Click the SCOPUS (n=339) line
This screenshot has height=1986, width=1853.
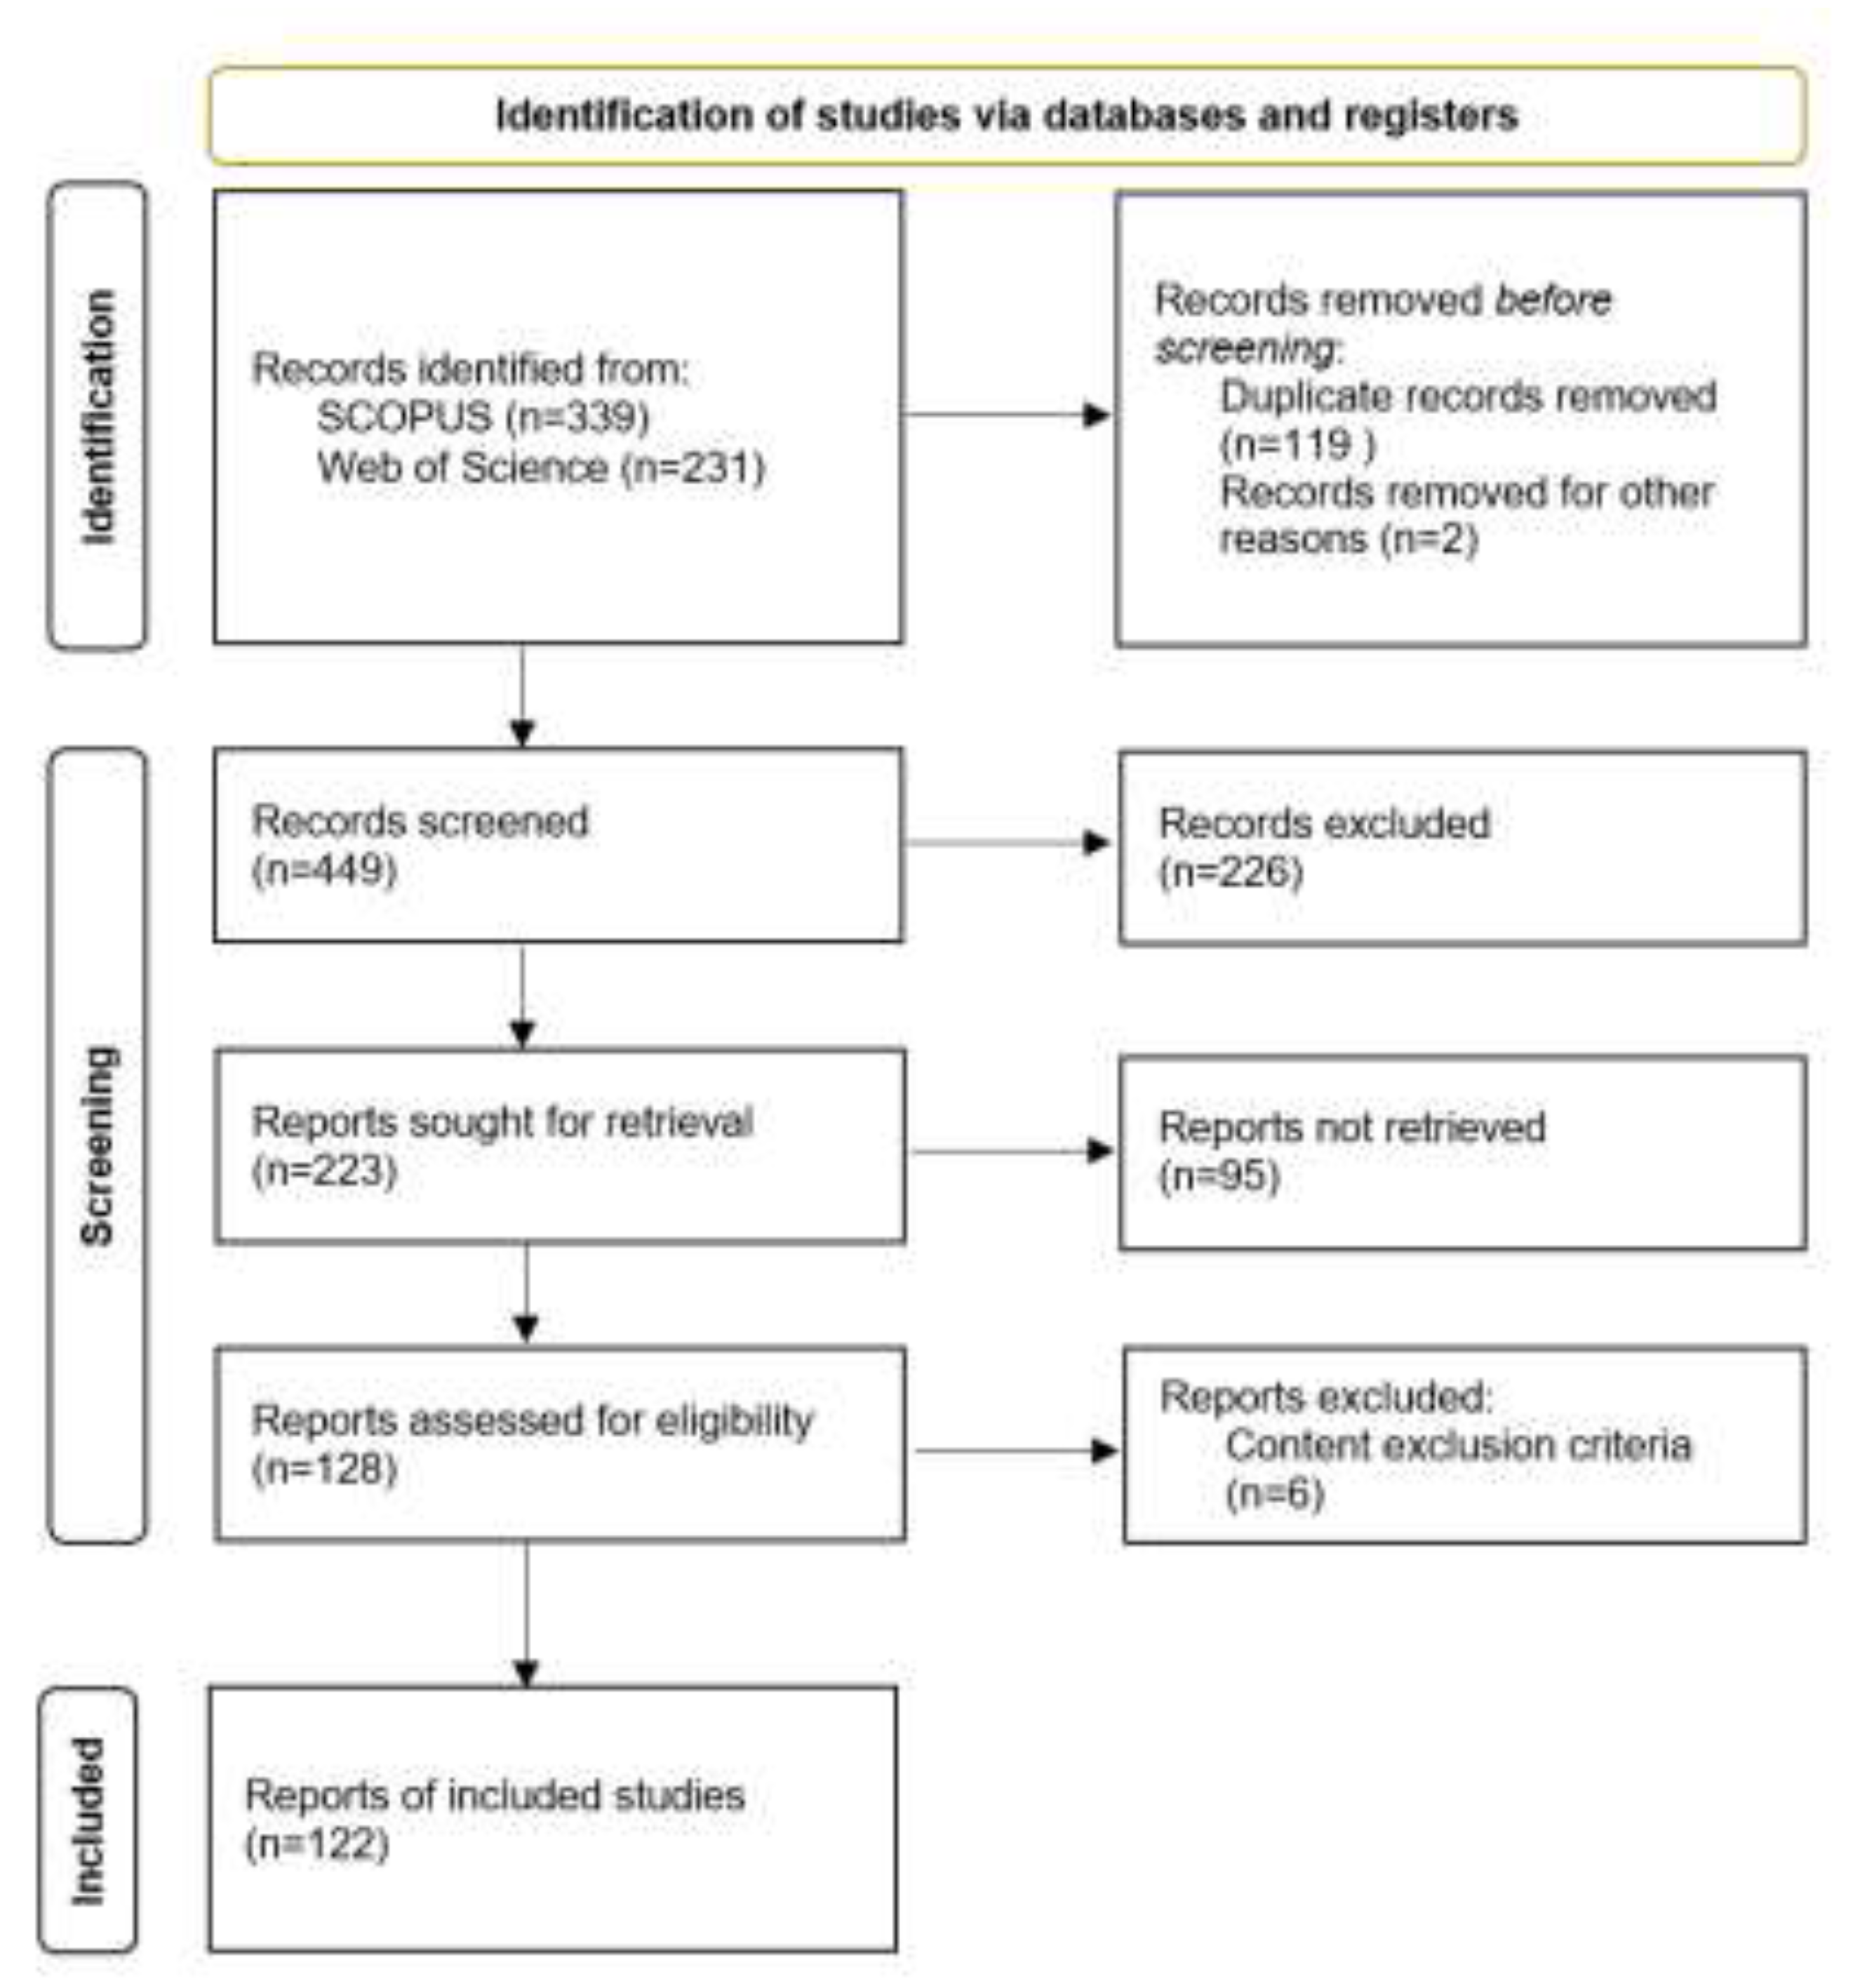pos(483,417)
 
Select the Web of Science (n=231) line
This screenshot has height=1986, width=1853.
pos(540,467)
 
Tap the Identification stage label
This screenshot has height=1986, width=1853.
pos(98,417)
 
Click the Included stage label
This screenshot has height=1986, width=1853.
pos(88,1820)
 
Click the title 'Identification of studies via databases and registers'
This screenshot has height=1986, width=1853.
pos(1006,116)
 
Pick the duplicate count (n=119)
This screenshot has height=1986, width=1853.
pos(1297,444)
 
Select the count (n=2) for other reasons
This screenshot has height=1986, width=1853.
pos(1429,540)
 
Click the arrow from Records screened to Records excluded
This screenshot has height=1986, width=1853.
pos(1006,842)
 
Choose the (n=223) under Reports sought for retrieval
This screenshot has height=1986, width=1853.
pos(325,1170)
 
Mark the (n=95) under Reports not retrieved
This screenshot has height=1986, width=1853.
pos(1219,1176)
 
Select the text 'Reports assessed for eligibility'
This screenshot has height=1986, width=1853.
pos(533,1420)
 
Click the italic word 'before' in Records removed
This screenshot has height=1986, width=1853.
pos(1552,300)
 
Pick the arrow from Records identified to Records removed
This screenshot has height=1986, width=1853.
pos(1006,415)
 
